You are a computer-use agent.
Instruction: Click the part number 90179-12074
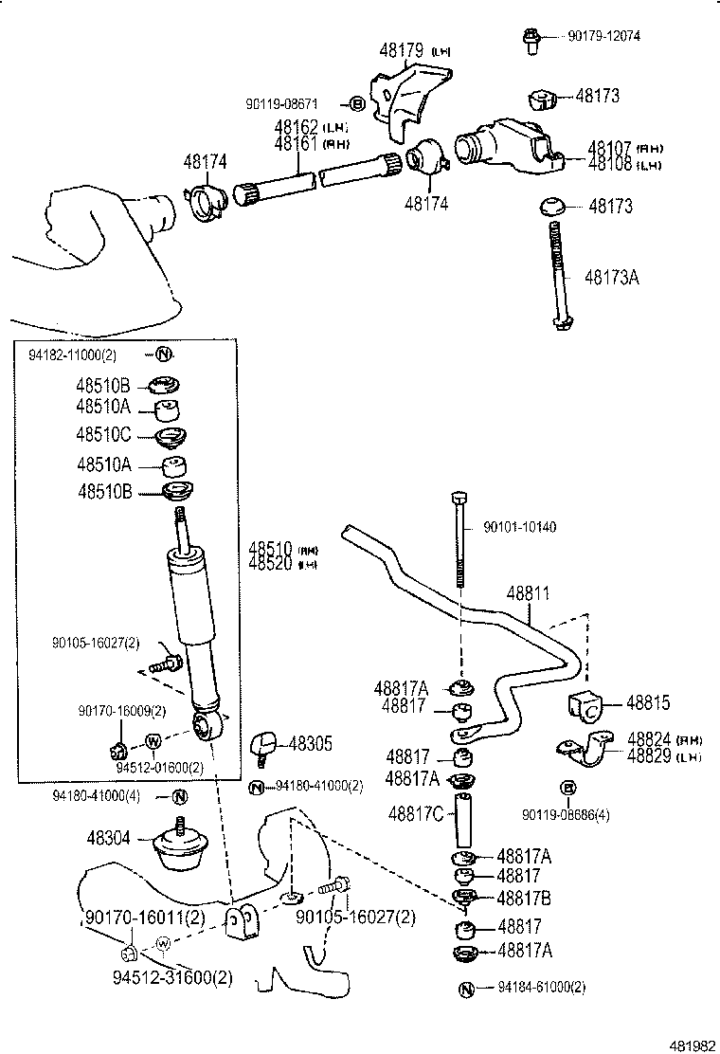pyautogui.click(x=603, y=36)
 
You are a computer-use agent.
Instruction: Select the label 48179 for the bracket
pyautogui.click(x=402, y=51)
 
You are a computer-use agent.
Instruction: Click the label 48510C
pyautogui.click(x=104, y=434)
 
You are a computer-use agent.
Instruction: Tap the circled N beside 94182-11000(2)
pyautogui.click(x=162, y=354)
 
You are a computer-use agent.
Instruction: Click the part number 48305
pyautogui.click(x=310, y=744)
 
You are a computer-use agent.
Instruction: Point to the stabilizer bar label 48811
pyautogui.click(x=527, y=593)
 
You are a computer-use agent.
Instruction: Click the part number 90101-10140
pyautogui.click(x=520, y=526)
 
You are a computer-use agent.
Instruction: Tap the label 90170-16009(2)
pyautogui.click(x=121, y=709)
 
